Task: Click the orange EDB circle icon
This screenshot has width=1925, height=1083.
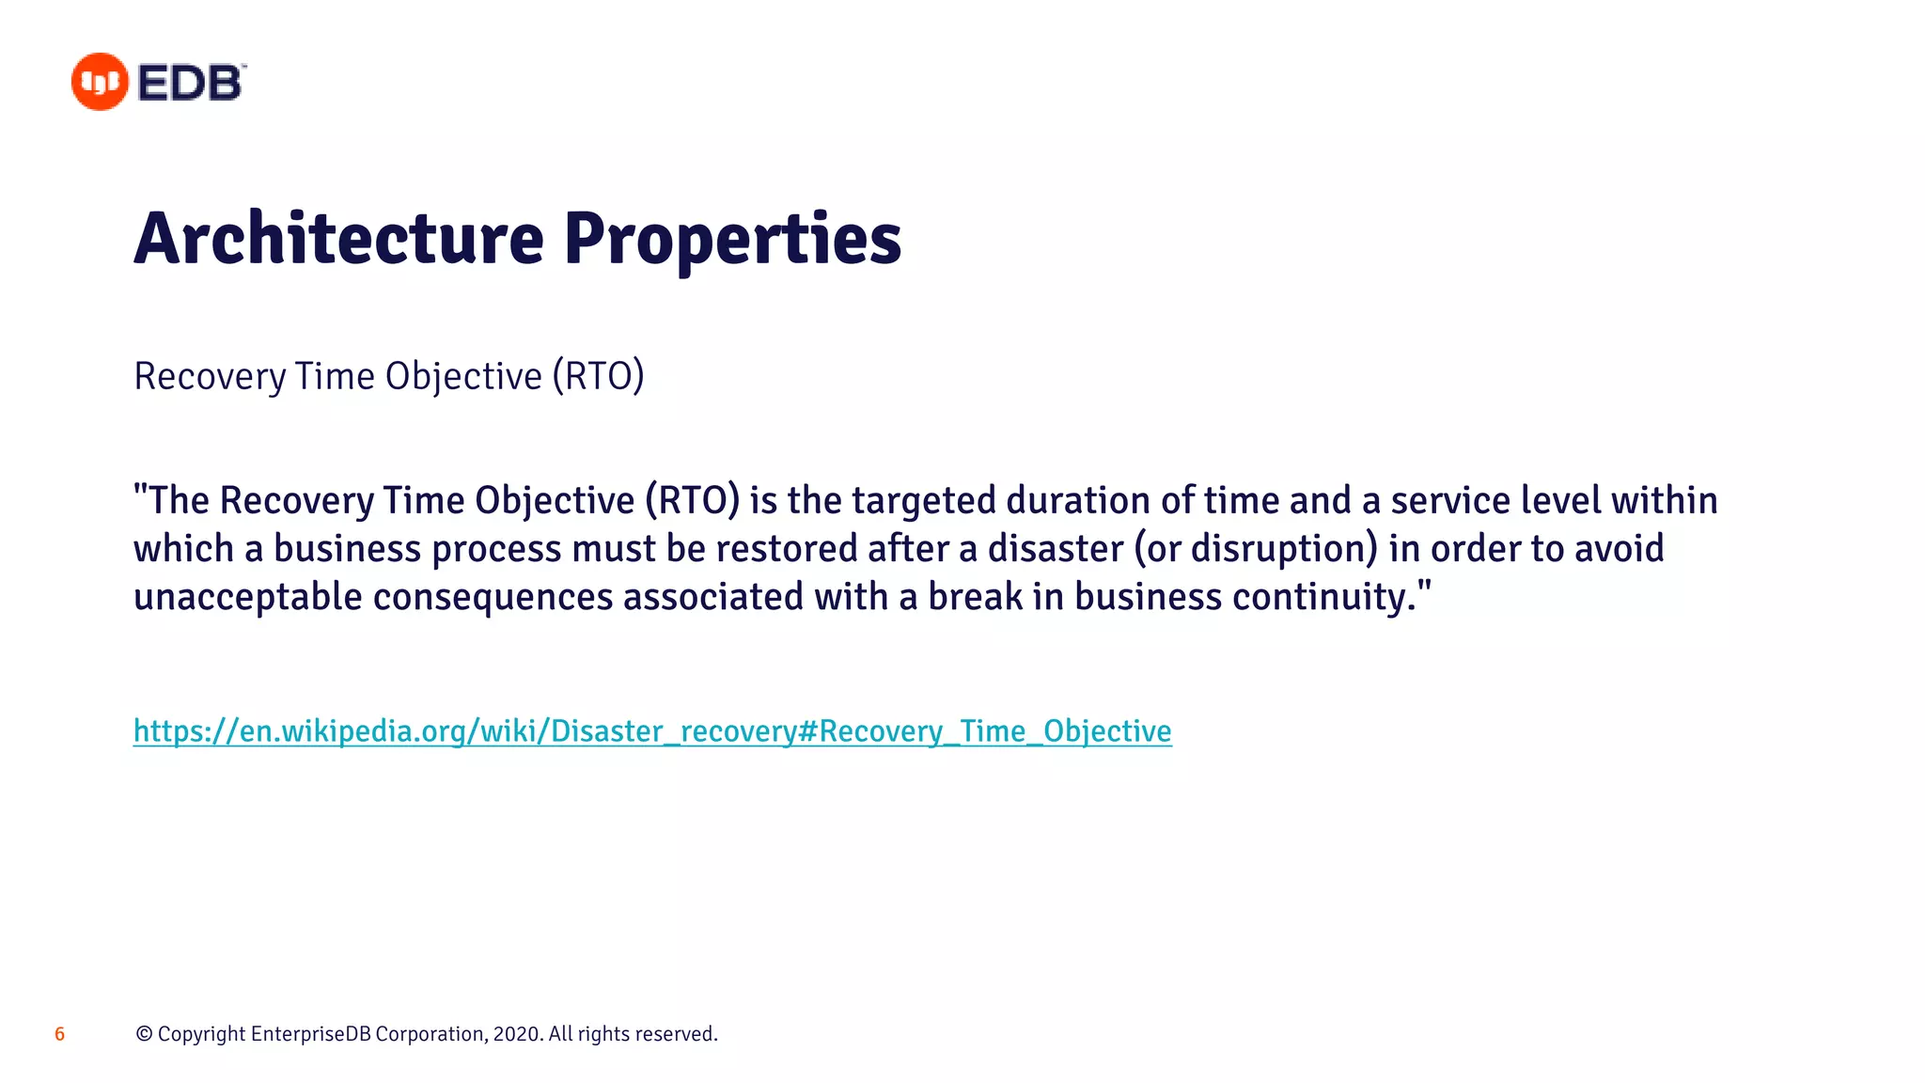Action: [x=100, y=82]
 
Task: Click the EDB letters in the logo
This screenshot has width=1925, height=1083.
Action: [x=191, y=83]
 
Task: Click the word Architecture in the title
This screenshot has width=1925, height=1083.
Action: [x=338, y=239]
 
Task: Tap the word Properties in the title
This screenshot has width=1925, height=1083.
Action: [x=732, y=239]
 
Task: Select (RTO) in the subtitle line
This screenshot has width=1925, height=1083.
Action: [x=598, y=376]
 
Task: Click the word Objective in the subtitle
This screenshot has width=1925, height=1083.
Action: [x=463, y=376]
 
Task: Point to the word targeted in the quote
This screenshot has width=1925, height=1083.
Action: [x=923, y=500]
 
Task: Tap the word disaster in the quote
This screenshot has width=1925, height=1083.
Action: [x=1055, y=549]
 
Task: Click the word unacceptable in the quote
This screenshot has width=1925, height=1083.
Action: [x=247, y=597]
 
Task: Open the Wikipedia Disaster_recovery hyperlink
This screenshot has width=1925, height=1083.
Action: [x=651, y=730]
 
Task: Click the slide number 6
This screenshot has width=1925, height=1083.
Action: [x=59, y=1034]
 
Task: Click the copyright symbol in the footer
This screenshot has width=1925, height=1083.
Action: [x=144, y=1034]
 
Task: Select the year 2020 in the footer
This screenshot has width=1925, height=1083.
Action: [x=516, y=1034]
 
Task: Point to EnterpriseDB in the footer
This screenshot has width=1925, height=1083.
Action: [x=310, y=1034]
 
